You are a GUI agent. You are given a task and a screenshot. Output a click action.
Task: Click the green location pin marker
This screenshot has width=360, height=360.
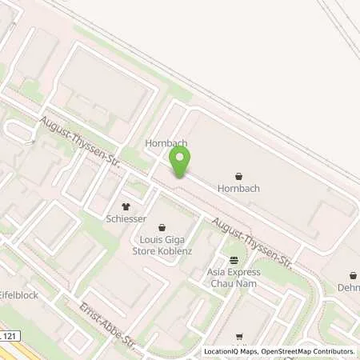179,164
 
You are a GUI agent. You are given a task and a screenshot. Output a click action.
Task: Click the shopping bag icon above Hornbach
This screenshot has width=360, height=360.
238,176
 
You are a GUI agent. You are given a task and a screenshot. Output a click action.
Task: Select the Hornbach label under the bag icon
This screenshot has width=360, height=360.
238,189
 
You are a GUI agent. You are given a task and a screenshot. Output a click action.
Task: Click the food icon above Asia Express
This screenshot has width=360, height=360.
234,260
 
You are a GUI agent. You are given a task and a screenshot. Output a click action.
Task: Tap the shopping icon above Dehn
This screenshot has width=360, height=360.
353,276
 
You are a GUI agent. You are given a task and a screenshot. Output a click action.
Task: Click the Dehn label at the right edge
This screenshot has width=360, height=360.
349,288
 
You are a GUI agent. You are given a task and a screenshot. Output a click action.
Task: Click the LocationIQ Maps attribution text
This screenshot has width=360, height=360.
231,351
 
